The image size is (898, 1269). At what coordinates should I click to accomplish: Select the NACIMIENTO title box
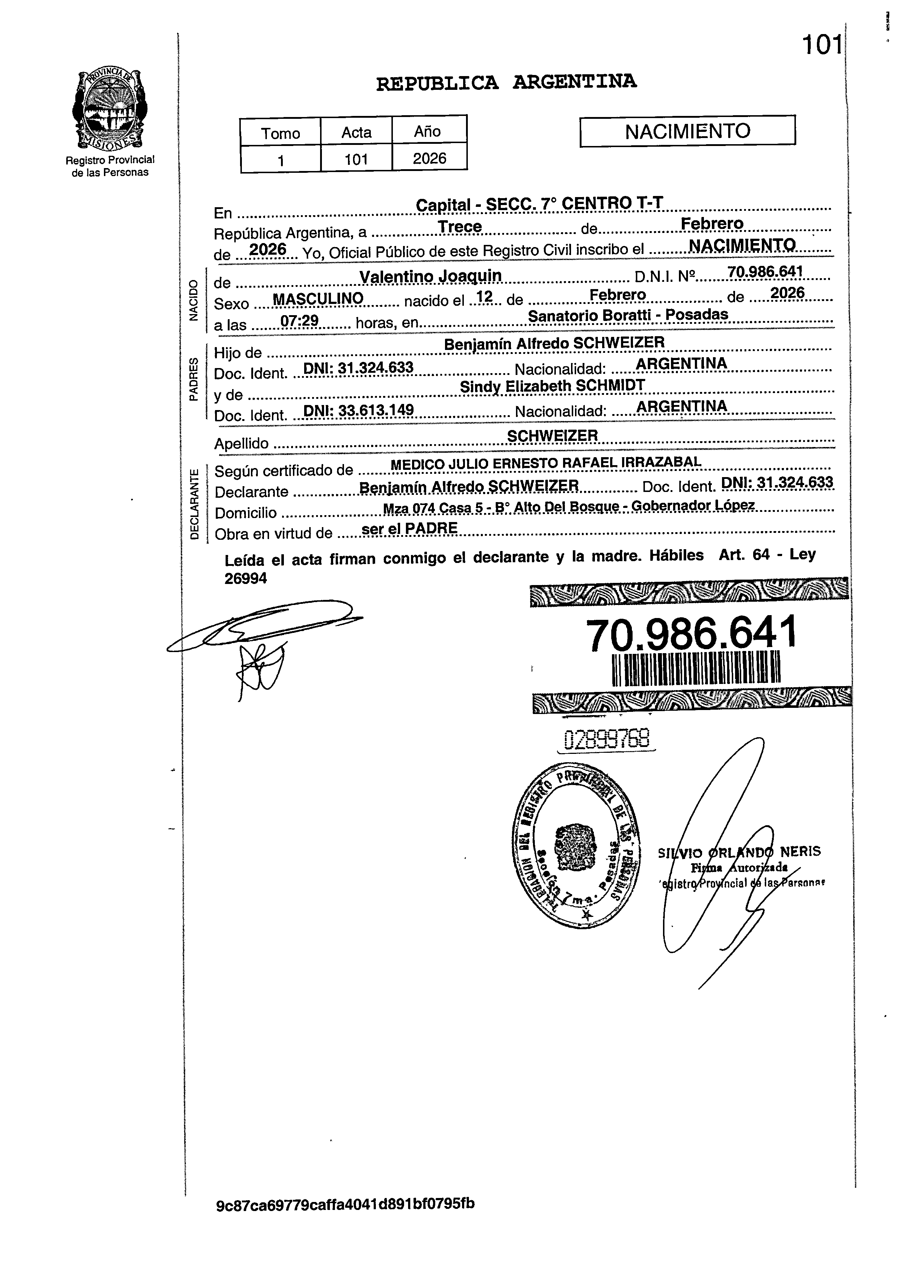687,131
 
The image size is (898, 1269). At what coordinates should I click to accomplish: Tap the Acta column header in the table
356,132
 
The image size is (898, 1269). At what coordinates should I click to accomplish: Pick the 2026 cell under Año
429,159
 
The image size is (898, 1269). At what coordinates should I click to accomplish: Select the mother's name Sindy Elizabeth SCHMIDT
552,385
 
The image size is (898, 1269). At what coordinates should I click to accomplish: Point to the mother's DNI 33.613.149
358,410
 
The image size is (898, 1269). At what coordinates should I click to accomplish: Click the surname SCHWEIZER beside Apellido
553,436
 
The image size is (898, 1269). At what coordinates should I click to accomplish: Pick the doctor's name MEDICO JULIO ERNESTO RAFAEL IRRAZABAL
546,463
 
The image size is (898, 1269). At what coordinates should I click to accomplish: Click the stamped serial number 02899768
607,739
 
